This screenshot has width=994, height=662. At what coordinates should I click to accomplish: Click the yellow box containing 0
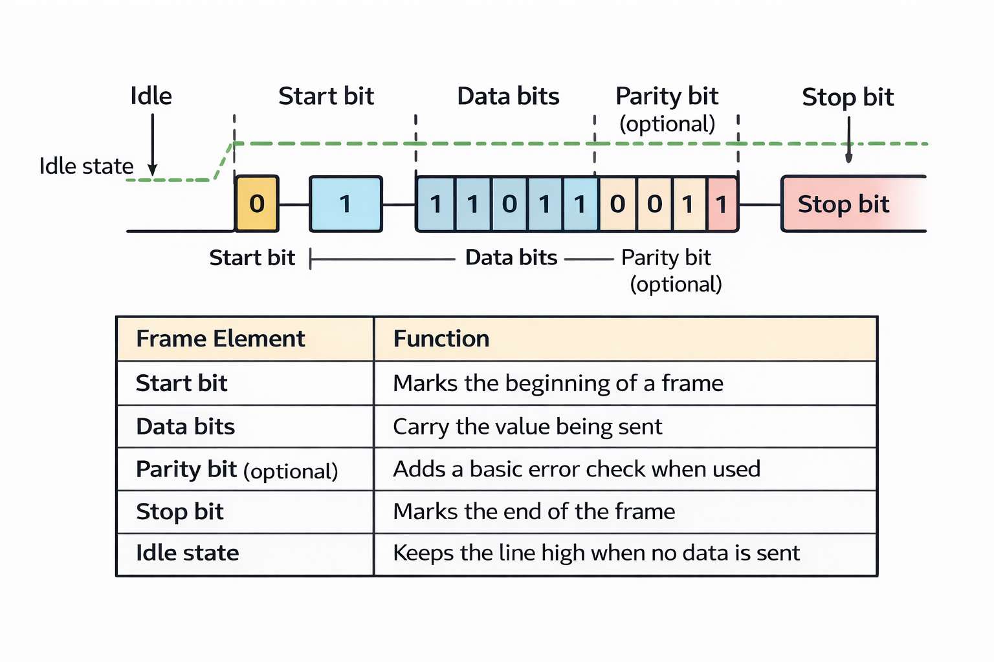point(257,204)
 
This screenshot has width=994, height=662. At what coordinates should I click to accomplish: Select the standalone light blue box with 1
point(346,204)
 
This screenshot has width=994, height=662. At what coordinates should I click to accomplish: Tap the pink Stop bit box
point(848,204)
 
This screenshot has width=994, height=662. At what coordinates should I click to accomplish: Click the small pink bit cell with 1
point(722,204)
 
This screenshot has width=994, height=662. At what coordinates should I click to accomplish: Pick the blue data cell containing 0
point(509,204)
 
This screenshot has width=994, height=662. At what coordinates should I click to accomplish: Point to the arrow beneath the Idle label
point(153,145)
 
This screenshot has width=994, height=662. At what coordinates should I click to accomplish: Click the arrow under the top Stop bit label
point(848,140)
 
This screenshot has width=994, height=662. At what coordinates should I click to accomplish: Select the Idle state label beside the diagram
point(86,166)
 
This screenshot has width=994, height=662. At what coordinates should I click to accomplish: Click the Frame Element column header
point(220,339)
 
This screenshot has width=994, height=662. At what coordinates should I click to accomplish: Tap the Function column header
point(441,339)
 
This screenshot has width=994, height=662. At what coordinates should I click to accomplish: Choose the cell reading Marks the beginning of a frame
point(558,383)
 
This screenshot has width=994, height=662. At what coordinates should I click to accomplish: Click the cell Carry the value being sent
point(527,427)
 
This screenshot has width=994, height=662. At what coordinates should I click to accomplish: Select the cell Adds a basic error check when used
point(577,469)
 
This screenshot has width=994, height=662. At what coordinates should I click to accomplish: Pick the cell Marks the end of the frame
point(534,512)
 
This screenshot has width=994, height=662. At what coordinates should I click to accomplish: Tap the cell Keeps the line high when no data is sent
point(596,553)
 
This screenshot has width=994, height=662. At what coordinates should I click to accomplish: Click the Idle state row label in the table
point(188,553)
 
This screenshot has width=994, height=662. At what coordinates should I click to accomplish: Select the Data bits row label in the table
point(186,427)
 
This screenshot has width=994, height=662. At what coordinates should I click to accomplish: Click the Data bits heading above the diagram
point(508,96)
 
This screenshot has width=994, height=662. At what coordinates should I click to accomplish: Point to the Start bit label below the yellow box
point(252,258)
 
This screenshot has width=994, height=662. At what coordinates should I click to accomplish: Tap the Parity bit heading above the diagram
point(667,96)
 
